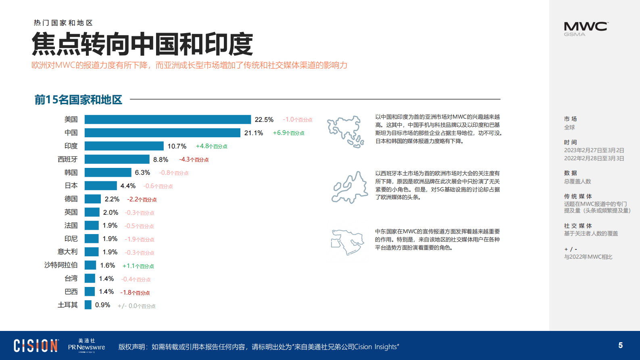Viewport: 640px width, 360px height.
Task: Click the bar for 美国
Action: [x=167, y=119]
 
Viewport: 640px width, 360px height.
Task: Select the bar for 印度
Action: [x=124, y=146]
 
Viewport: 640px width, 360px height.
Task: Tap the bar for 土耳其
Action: [x=88, y=305]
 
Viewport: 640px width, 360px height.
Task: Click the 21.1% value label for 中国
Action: [x=254, y=133]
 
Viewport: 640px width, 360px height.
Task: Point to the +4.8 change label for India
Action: [x=211, y=146]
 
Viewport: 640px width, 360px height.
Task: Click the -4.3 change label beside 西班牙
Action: [x=194, y=159]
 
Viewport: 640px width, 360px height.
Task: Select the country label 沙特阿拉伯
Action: [x=61, y=265]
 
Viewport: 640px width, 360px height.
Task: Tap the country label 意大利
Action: [x=67, y=252]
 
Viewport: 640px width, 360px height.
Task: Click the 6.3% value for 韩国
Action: [x=142, y=173]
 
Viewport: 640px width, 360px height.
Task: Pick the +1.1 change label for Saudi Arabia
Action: [x=138, y=266]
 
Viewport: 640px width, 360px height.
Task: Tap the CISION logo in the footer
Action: [x=36, y=346]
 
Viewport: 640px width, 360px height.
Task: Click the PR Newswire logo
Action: [x=86, y=346]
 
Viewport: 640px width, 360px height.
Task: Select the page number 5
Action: [x=620, y=345]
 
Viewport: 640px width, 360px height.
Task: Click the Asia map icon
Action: [x=346, y=132]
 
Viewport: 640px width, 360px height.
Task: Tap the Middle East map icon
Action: [x=347, y=241]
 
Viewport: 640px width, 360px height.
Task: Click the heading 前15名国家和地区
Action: [x=78, y=100]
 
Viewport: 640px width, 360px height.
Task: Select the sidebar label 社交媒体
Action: [x=577, y=226]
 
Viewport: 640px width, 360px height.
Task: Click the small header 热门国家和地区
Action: [x=63, y=23]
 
